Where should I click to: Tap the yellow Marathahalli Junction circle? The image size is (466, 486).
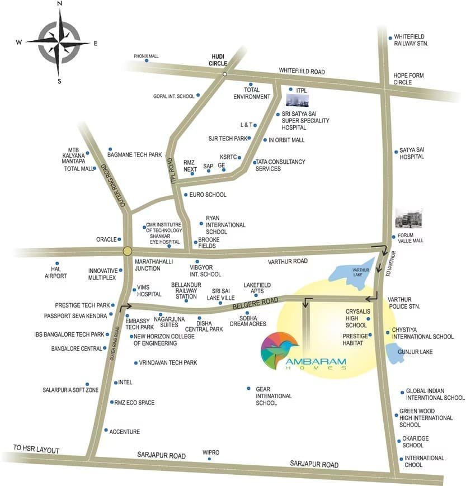point(128,252)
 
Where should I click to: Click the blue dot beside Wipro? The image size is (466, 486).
point(209,459)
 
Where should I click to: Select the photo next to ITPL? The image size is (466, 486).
point(298,100)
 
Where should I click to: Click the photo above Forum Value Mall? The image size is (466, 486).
point(409,219)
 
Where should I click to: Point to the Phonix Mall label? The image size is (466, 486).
point(147,56)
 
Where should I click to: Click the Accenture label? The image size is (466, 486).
point(125,432)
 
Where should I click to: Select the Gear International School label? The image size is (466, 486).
point(274,395)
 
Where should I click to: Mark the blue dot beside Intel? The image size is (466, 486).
point(115,383)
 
